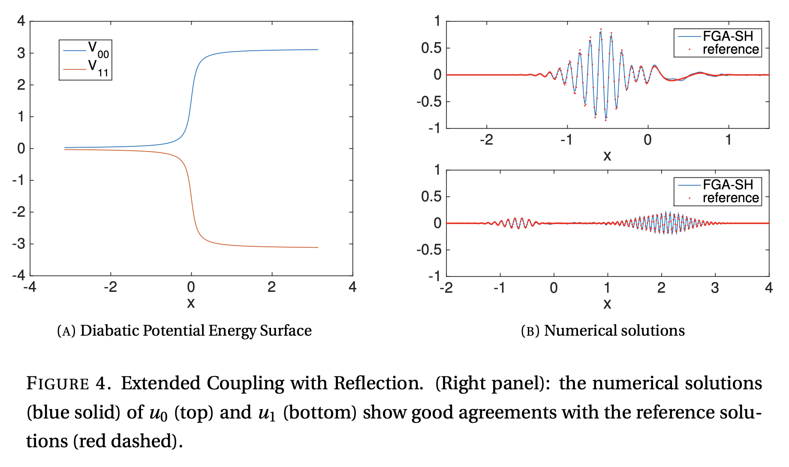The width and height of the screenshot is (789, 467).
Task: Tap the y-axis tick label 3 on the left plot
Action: coord(21,53)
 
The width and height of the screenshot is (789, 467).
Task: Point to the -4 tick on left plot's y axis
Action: coord(18,275)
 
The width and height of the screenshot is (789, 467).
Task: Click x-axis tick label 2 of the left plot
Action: coord(271,287)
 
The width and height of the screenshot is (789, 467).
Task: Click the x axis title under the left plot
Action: coord(191,303)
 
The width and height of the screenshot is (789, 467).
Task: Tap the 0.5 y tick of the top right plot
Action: coord(431,48)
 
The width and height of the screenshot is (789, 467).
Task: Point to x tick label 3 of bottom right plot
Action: coord(714,288)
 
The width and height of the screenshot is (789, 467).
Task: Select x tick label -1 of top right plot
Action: coord(566,140)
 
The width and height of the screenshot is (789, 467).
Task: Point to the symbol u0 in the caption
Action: coord(158,413)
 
